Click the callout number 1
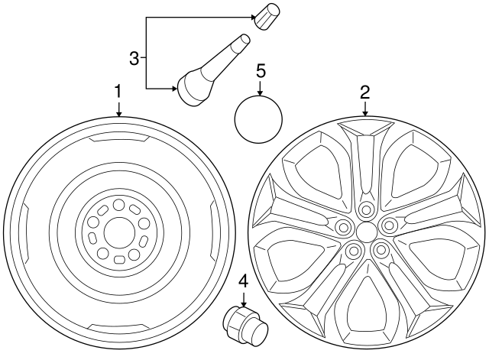click(x=118, y=92)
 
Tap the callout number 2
click(x=365, y=92)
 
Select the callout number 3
click(x=134, y=58)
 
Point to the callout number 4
click(x=243, y=281)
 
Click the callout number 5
click(x=260, y=71)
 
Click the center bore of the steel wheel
click(x=118, y=231)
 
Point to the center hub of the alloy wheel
click(x=366, y=231)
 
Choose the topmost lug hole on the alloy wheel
click(x=366, y=208)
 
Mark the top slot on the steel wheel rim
click(x=118, y=139)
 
